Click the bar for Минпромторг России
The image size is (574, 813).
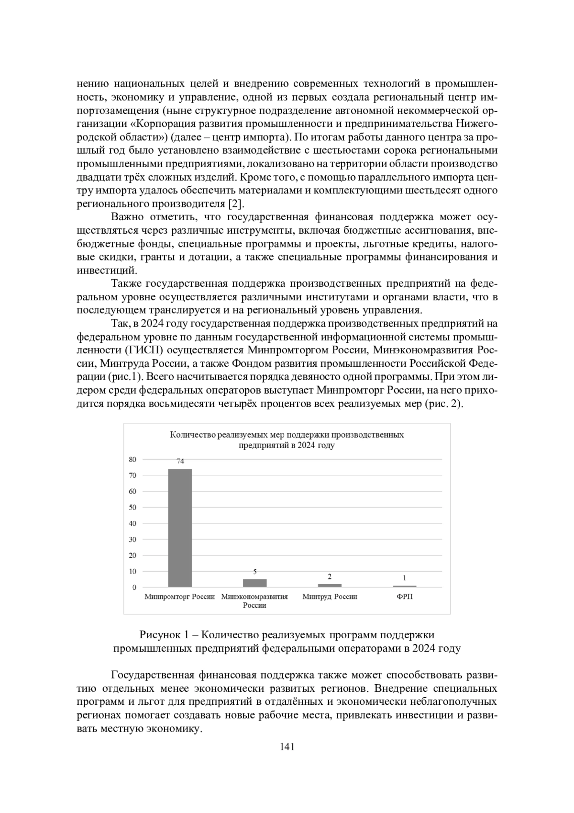coord(180,528)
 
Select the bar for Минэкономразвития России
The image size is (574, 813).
coord(255,583)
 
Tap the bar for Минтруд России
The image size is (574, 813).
coord(330,585)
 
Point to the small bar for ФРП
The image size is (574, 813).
coord(405,586)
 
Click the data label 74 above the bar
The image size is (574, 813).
coord(180,462)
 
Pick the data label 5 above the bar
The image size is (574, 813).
coord(255,572)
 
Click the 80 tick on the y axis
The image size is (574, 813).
coord(132,459)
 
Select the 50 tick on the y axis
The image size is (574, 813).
coord(132,507)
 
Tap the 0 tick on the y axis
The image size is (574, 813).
coord(134,587)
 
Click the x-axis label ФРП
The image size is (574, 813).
coord(405,597)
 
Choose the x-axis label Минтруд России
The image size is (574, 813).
coord(330,597)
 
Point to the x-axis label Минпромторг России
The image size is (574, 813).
coord(180,597)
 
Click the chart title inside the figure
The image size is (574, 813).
coord(287,440)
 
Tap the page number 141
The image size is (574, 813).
coord(287,747)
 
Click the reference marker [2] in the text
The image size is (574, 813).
coord(236,204)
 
